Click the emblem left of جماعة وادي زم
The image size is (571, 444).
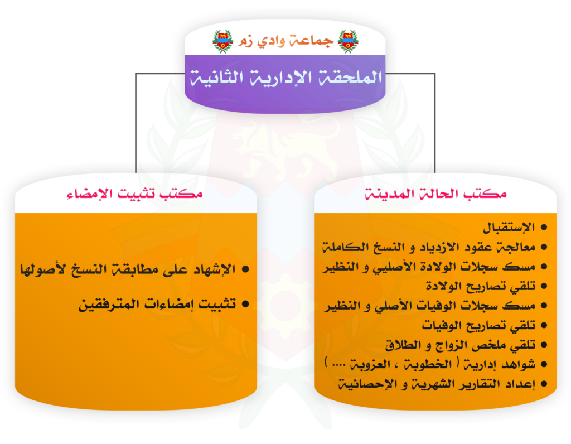point(222,41)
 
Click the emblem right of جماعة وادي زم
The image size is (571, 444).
point(348,41)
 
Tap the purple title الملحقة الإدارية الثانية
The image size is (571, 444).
point(286,77)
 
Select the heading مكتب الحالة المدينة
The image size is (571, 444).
point(435,194)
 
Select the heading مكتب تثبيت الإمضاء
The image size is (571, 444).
point(135,194)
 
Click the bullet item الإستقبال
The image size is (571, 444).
point(509,228)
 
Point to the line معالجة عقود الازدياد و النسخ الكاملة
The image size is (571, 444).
point(429,247)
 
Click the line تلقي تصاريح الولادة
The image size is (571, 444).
point(481,286)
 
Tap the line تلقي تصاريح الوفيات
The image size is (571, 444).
point(478,325)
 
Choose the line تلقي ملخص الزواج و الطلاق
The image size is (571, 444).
point(460,345)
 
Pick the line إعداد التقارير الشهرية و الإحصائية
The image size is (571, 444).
point(437,384)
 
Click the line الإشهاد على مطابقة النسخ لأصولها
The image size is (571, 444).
point(128,269)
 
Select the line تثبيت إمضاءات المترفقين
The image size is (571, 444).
point(157,304)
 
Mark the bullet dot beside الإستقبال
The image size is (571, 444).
point(544,228)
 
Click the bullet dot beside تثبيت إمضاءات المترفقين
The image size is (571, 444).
point(245,304)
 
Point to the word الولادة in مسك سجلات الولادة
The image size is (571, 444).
point(438,267)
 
